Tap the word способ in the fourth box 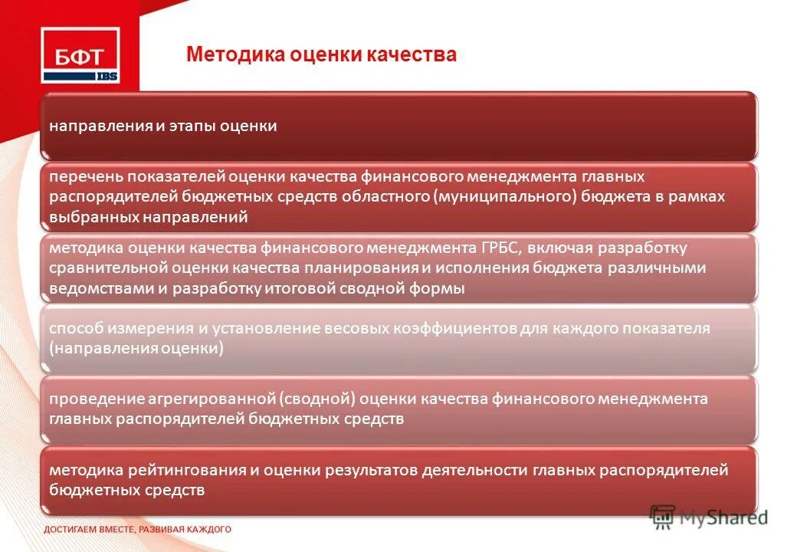coord(77,329)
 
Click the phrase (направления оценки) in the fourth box coord(136,349)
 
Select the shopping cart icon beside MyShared coord(663,517)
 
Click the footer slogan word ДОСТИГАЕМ coord(71,530)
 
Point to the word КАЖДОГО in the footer coord(206,530)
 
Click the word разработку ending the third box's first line coord(646,248)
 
